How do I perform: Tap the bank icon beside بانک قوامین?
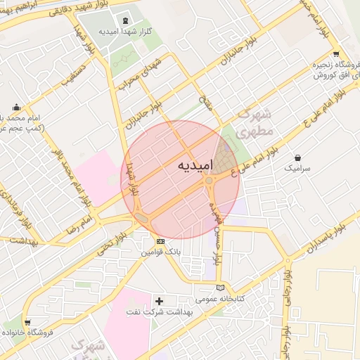click(x=162, y=241)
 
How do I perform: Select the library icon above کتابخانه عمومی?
click(x=222, y=288)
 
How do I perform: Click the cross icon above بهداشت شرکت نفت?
click(x=160, y=301)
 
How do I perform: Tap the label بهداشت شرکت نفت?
click(x=155, y=311)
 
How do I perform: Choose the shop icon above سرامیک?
click(x=300, y=157)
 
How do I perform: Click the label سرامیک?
click(x=298, y=169)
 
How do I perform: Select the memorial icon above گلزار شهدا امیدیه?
click(x=126, y=20)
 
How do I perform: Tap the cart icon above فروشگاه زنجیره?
click(x=336, y=54)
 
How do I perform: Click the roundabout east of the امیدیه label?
click(x=210, y=182)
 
